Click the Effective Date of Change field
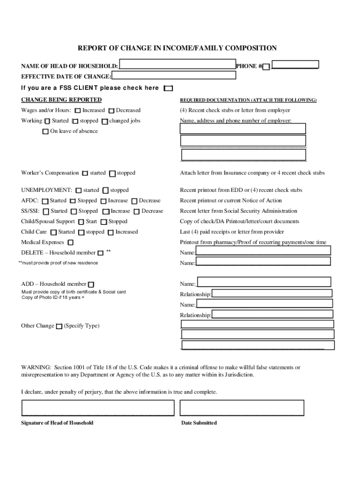coord(173,75)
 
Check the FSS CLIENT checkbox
coord(168,88)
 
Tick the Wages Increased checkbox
coord(78,111)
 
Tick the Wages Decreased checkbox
coord(111,111)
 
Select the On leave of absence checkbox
coord(45,131)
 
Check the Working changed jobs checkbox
coord(105,122)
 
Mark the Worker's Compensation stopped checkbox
coord(112,174)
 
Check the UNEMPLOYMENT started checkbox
coord(79,191)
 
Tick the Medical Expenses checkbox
coord(71,243)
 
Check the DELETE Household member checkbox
coord(100,253)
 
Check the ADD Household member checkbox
coord(91,284)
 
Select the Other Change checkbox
coord(59,327)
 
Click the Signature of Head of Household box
coord(98,408)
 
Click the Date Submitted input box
coord(242,408)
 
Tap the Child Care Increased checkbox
coord(111,232)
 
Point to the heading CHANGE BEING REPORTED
coord(61,100)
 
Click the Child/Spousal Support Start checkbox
coord(81,222)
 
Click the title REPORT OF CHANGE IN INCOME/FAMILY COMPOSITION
coord(177,48)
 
